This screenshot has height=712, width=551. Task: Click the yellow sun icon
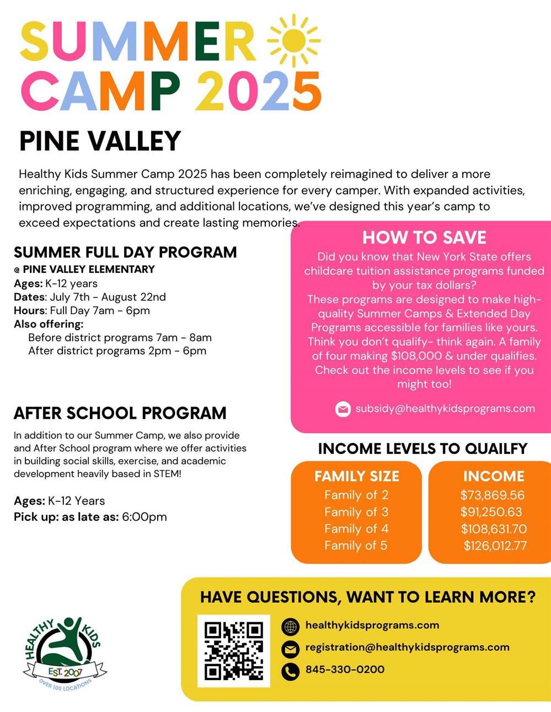coord(293,40)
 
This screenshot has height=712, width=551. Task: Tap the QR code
coord(234,650)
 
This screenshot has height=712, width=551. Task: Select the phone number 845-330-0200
coord(345,670)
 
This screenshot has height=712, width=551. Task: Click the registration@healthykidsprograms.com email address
coord(407,648)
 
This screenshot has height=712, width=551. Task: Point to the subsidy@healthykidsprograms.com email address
coord(445,408)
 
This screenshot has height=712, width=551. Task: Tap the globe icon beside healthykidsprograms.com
coord(290,627)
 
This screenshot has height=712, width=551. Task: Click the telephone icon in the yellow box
coord(290,671)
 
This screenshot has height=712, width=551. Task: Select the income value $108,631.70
coord(494,529)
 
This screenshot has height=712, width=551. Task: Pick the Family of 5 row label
coord(356,546)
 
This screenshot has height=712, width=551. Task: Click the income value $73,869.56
coord(493,495)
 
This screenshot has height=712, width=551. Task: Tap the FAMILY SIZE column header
coord(356,476)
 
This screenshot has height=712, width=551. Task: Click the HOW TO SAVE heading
coord(424,238)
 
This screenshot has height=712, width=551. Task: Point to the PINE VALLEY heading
coord(100,141)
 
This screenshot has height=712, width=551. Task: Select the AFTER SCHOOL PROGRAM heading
coord(120,413)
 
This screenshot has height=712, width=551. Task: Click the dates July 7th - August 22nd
coord(108,297)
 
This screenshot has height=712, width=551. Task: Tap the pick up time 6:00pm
coord(145,517)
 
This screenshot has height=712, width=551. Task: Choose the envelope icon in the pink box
coord(343,409)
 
